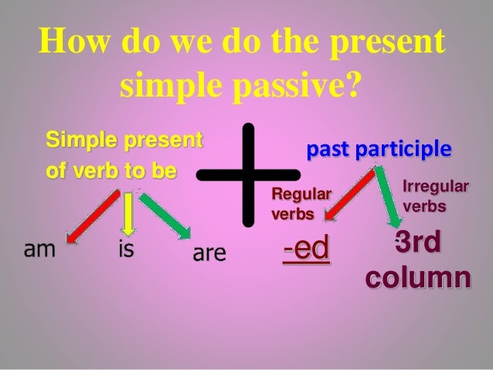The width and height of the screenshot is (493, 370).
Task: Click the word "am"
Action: click(x=31, y=250)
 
